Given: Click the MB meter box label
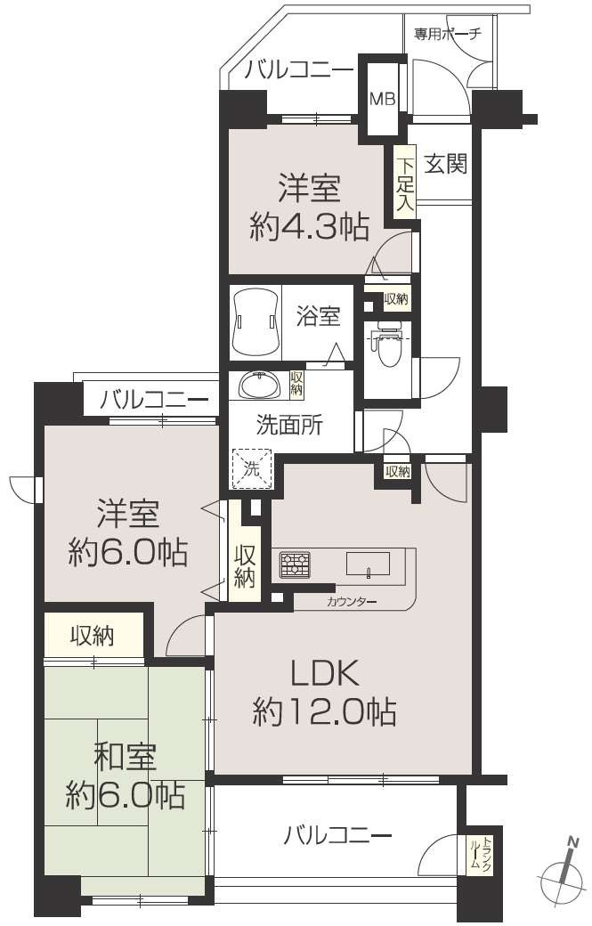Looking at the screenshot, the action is tap(382, 99).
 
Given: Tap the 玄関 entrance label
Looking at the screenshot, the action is tap(446, 164).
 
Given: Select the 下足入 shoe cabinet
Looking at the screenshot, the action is tap(405, 183).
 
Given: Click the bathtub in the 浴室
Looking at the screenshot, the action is tap(255, 322).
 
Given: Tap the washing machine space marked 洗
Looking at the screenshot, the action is tap(252, 470).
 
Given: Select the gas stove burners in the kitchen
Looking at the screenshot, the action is tap(295, 565).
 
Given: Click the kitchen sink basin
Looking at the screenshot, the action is tap(368, 563).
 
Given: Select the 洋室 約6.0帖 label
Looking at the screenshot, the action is tap(128, 532).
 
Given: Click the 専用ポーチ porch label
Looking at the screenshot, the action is tap(447, 34).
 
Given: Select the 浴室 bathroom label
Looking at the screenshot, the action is tap(318, 317).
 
